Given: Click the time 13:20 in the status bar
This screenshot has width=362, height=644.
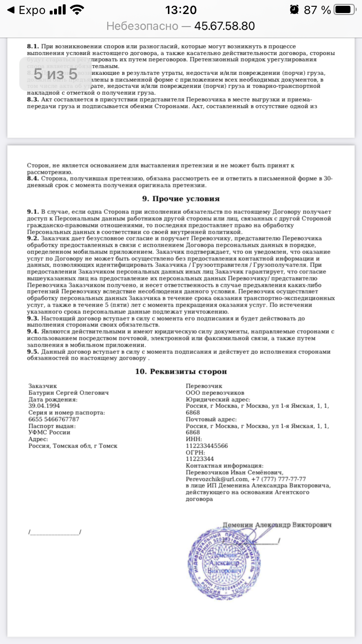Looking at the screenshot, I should point(181,10).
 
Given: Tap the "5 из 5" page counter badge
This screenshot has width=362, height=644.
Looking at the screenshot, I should point(56,74).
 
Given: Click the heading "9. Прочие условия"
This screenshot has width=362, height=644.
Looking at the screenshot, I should point(181,198).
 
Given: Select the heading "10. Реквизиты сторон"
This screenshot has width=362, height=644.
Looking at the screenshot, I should point(181,371).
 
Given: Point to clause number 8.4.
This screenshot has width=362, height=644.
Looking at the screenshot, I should point(33,179).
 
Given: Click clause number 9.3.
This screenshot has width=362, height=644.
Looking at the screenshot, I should point(33,319).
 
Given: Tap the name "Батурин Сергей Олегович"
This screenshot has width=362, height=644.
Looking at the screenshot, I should point(69,392).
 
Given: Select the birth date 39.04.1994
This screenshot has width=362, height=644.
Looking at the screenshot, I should point(44,406).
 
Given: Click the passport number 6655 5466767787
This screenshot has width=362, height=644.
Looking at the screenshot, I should point(54,419).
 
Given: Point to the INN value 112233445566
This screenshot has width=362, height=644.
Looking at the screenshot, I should point(207,446).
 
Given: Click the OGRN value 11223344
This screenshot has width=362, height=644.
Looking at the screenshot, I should point(200,459).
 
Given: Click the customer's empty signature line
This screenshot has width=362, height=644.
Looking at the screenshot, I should point(55,532).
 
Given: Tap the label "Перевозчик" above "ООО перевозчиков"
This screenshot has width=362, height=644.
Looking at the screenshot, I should point(204,386).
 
